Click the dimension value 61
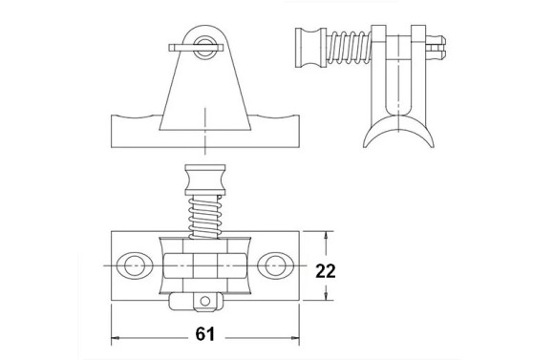[x=205, y=334]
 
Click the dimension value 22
[x=326, y=271]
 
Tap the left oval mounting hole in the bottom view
[x=135, y=265]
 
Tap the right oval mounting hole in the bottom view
[x=276, y=265]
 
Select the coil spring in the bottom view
[x=204, y=218]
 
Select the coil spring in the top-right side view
[x=349, y=48]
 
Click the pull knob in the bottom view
[x=205, y=180]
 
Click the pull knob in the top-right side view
[x=310, y=48]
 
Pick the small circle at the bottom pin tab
[x=205, y=302]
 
